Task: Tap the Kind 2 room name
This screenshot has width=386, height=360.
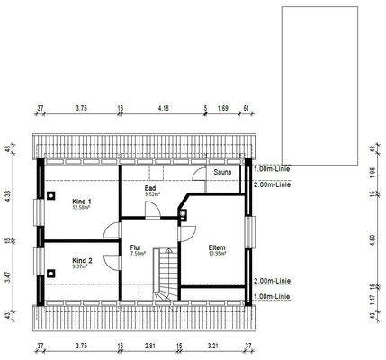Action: point(82,258)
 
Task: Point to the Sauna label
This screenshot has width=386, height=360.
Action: point(223,169)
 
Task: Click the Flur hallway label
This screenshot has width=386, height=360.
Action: point(136,247)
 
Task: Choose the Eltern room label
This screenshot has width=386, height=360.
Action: point(217,247)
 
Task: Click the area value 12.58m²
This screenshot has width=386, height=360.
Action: point(84,206)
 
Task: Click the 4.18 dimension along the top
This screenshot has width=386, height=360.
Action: point(164,106)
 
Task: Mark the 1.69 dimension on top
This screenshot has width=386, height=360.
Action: point(224,106)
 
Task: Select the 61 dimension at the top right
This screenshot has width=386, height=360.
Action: point(247,106)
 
